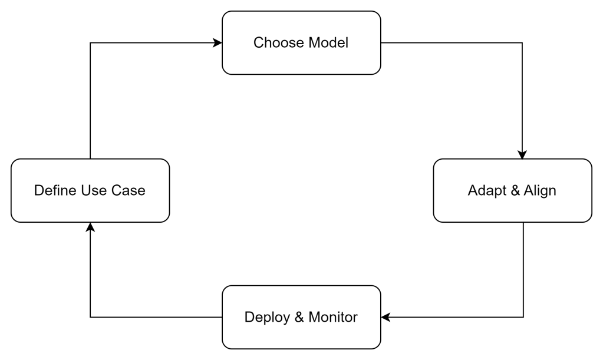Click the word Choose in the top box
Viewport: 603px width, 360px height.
(274, 43)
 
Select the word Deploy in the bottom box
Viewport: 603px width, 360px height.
(266, 318)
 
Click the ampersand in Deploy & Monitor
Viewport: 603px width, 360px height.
(298, 318)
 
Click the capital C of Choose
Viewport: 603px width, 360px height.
(258, 43)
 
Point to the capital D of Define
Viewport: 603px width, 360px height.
(38, 190)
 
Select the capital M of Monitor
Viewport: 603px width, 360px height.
(314, 318)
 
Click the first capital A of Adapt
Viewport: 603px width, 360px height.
(472, 191)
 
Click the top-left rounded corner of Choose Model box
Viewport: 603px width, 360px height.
(226, 15)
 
